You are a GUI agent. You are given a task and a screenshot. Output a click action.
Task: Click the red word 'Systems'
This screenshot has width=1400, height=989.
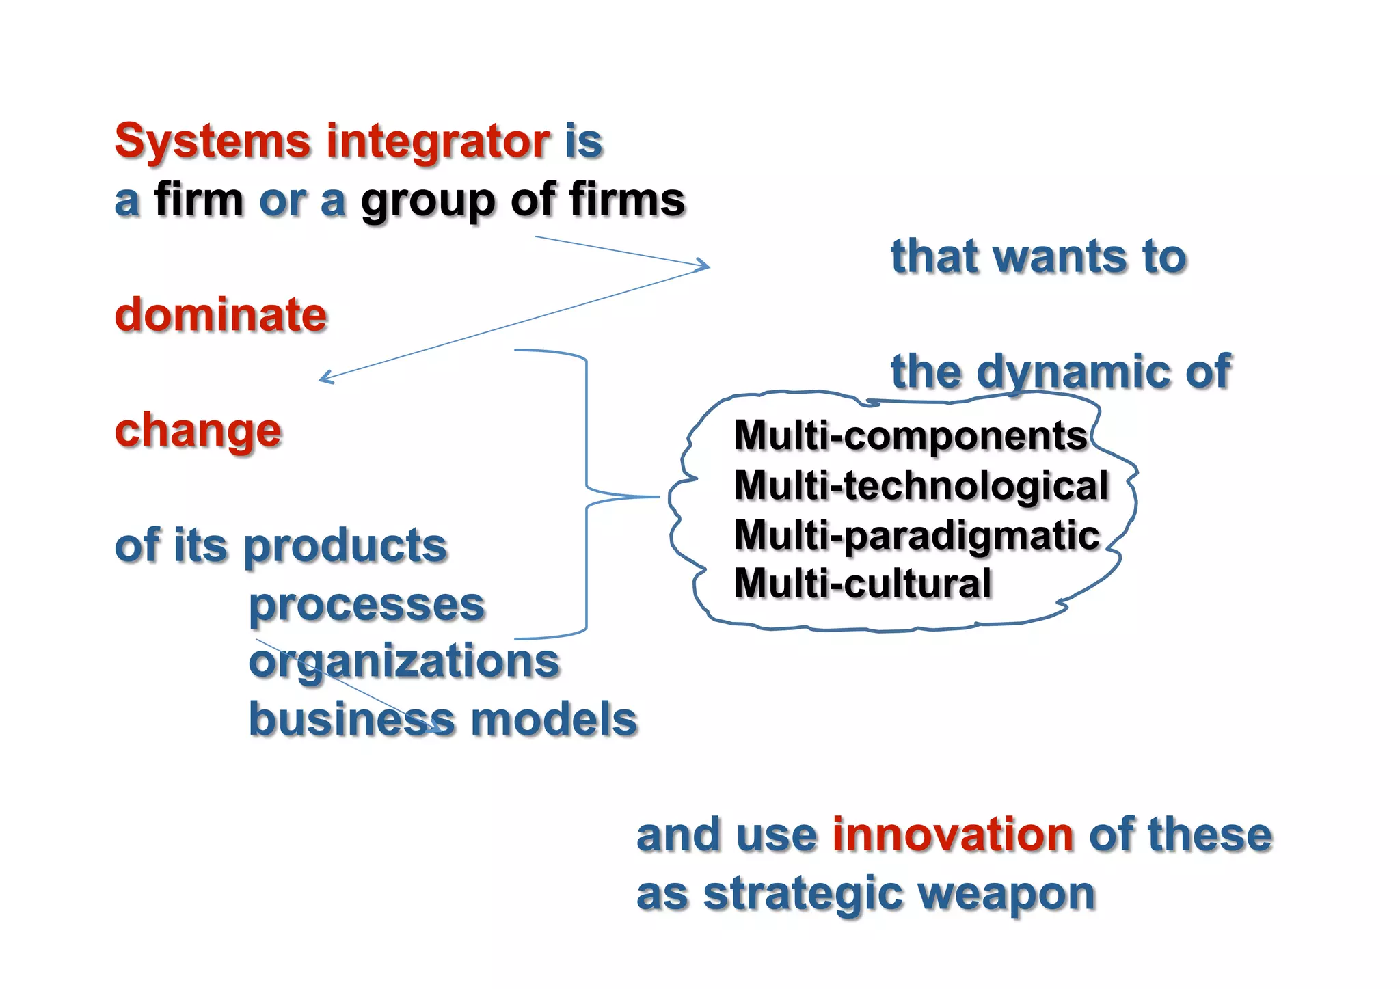pos(213,141)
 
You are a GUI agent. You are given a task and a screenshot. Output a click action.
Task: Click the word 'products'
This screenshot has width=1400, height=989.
pos(345,547)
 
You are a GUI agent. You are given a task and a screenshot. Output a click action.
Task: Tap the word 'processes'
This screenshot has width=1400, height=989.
pos(366,606)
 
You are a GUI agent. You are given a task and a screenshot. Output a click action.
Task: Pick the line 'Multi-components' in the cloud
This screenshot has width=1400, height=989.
pos(910,436)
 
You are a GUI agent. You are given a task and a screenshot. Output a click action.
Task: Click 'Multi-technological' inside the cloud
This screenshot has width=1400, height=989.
pos(921,485)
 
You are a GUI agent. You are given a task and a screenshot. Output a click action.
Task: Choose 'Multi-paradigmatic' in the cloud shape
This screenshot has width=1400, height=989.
pos(917,535)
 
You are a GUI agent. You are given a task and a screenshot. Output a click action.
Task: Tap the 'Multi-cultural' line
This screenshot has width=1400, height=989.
pos(863,584)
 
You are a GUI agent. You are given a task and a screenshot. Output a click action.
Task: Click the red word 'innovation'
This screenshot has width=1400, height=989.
pos(953,835)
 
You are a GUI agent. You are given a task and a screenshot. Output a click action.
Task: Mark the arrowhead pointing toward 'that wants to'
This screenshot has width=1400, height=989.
pos(707,266)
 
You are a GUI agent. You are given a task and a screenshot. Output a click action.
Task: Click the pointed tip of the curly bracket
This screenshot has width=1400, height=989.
pos(658,497)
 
